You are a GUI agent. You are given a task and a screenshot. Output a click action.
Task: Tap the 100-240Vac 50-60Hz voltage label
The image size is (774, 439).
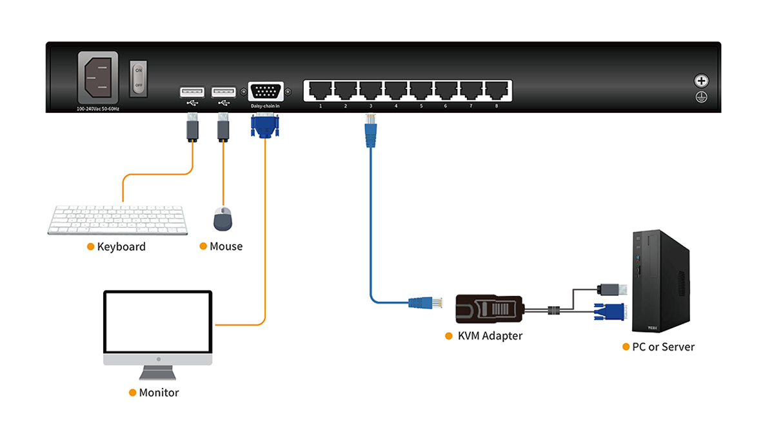[x=98, y=109]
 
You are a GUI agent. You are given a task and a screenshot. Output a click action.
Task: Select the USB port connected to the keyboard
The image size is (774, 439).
[x=192, y=92]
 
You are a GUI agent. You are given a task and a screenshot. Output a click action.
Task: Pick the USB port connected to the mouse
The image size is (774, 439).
[x=224, y=92]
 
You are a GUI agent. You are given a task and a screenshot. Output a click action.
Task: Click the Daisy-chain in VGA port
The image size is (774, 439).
[x=264, y=92]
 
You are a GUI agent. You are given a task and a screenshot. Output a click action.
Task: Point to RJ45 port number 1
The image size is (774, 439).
[x=320, y=91]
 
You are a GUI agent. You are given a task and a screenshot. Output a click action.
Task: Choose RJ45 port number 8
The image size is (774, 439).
[x=496, y=91]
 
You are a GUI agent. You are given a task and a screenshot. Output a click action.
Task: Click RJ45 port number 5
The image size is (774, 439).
[x=421, y=91]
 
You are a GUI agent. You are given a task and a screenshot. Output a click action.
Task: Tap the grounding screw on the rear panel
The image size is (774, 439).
[x=701, y=81]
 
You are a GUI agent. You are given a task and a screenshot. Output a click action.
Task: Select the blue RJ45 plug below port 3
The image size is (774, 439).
[x=370, y=132]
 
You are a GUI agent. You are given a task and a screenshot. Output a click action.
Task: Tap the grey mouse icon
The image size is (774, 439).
[x=223, y=219]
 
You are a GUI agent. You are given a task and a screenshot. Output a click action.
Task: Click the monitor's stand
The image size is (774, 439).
[x=157, y=373]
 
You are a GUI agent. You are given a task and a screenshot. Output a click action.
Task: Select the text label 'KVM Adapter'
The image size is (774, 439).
[x=490, y=336]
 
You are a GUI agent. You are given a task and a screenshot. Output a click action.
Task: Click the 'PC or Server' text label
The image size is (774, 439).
[x=663, y=347]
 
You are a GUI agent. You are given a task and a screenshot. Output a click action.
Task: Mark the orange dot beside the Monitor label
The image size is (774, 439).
[x=133, y=393]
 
